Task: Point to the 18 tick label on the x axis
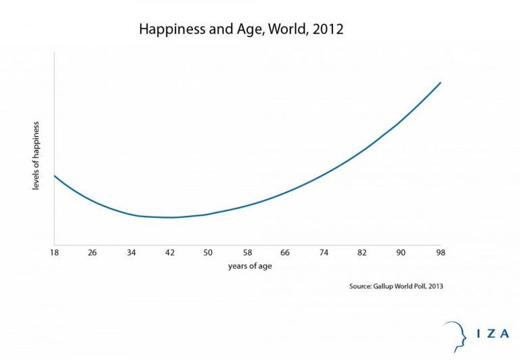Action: point(53,252)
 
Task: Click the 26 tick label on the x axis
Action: point(92,252)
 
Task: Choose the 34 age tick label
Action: point(131,252)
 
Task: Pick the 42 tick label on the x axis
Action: point(169,252)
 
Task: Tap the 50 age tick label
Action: point(208,252)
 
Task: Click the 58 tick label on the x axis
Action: point(246,252)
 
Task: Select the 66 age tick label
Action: point(285,252)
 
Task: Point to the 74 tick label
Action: point(324,252)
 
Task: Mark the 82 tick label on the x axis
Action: point(362,252)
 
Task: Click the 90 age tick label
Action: point(401,252)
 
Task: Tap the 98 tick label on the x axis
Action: point(439,252)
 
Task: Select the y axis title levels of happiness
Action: point(36,156)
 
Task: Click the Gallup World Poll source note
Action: point(396,286)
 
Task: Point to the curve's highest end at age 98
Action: point(441,83)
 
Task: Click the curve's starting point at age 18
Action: point(54,176)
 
